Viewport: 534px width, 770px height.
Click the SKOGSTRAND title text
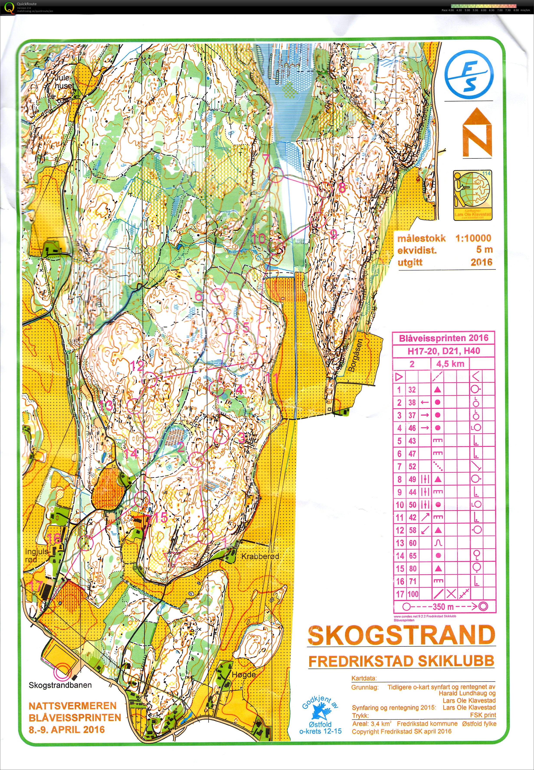401,636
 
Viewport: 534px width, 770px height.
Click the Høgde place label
244,674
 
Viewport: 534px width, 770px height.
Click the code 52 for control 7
412,466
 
